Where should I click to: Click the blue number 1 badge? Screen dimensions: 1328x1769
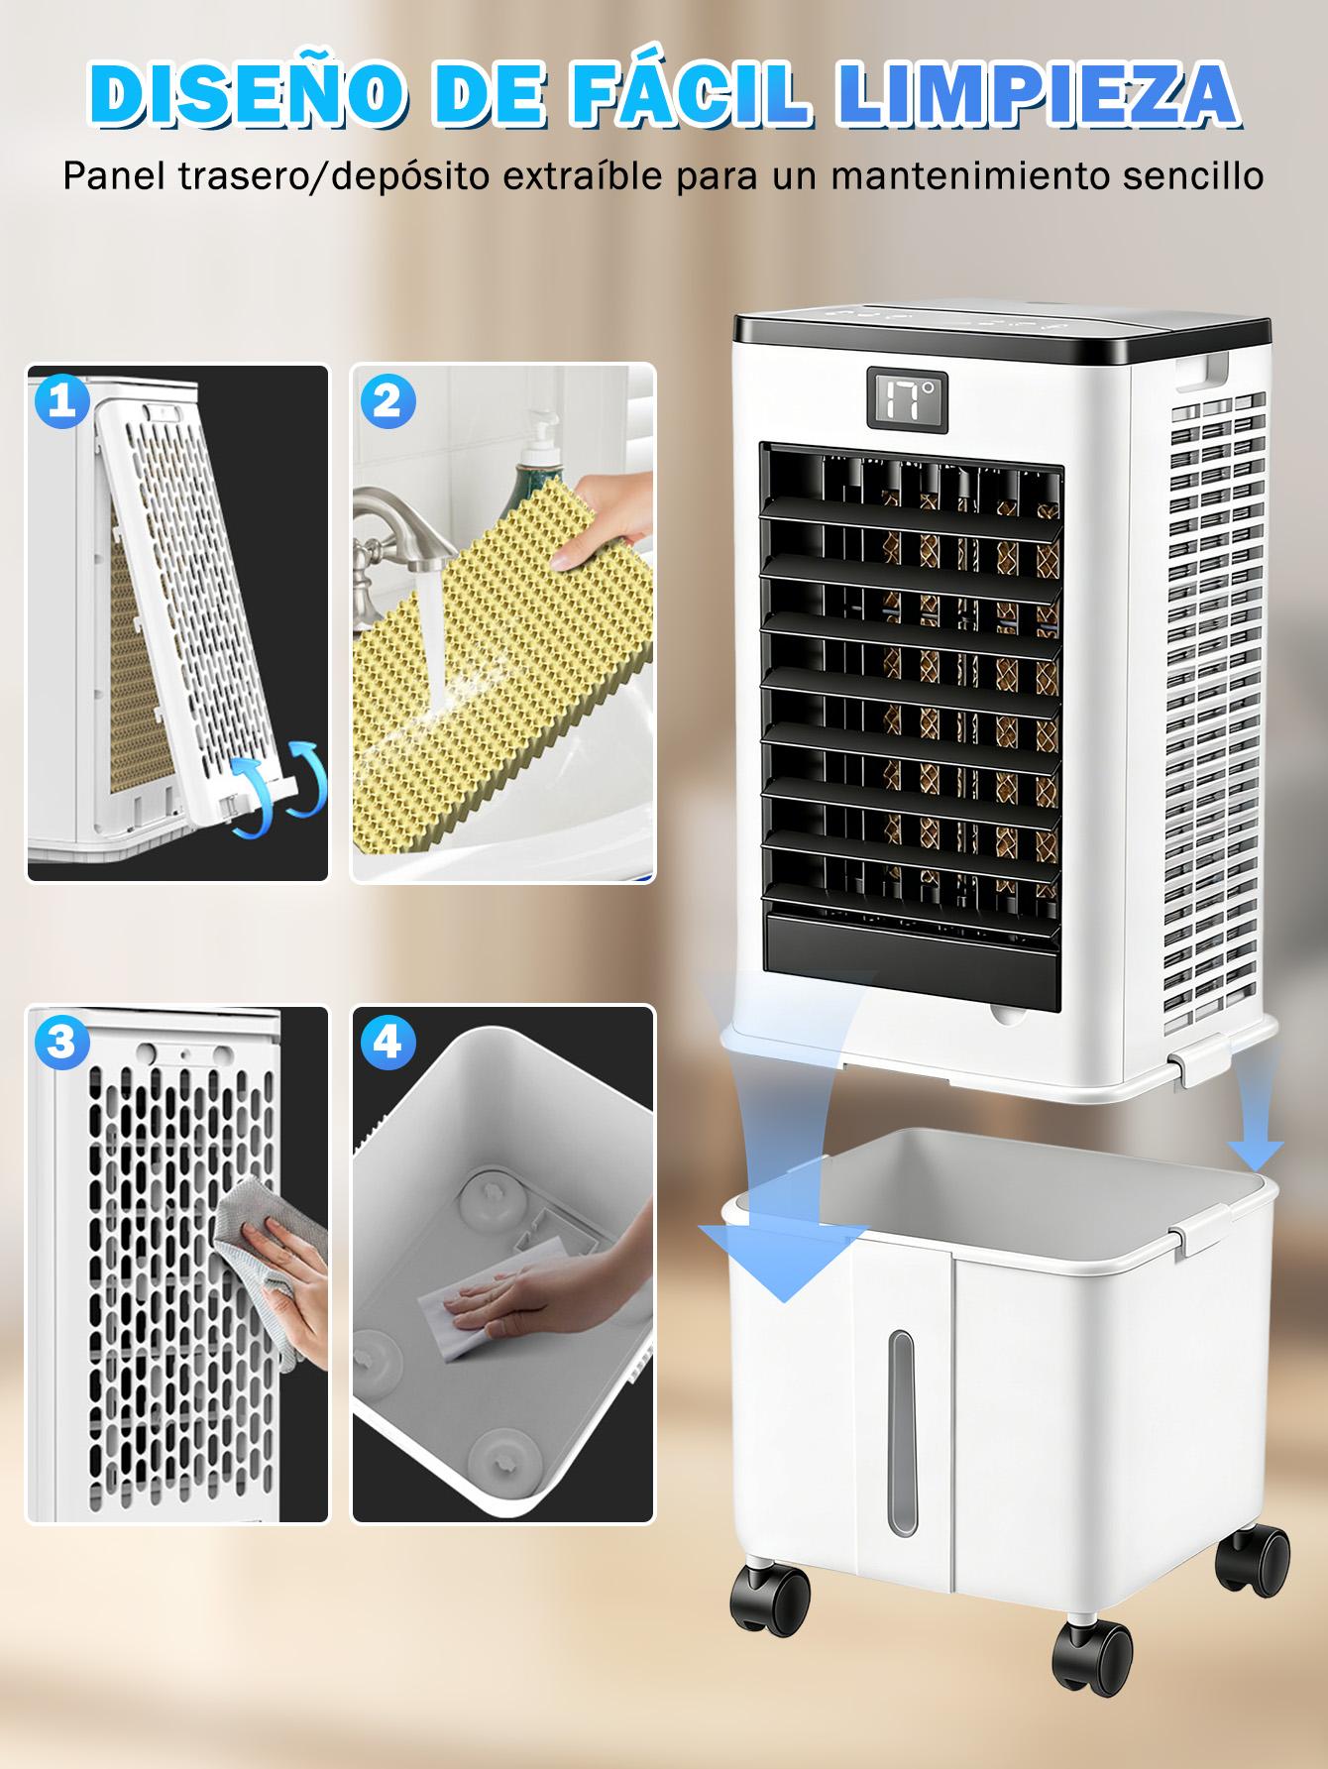click(61, 401)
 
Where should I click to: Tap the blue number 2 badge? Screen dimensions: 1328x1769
click(387, 401)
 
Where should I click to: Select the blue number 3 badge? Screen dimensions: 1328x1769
click(61, 1042)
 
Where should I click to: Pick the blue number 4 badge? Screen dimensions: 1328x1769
click(387, 1042)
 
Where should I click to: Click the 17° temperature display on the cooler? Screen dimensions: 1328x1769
click(907, 401)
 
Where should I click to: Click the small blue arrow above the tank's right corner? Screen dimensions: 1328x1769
click(1256, 1134)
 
